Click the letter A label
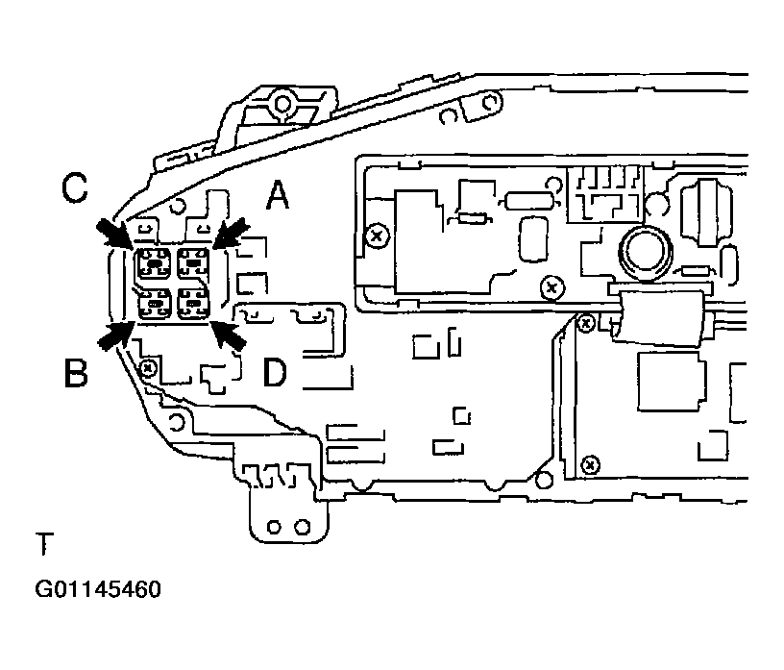277,196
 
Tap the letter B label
76,372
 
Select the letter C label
76,188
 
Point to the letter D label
275,372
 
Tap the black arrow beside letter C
115,234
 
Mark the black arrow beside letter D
228,335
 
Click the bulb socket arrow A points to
193,261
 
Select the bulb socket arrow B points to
154,305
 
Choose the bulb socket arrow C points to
154,261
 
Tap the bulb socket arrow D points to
193,305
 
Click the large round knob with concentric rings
643,253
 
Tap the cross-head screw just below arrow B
147,367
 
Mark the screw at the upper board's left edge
378,235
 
